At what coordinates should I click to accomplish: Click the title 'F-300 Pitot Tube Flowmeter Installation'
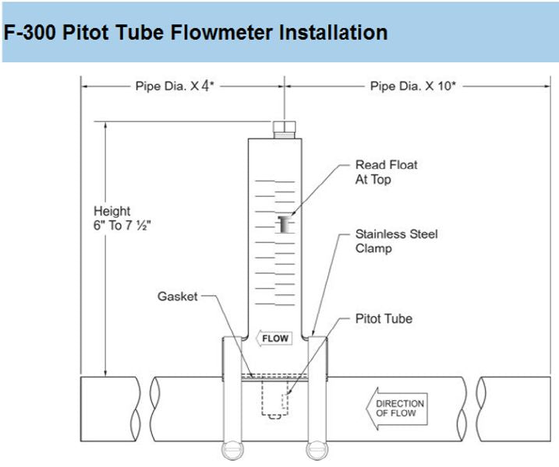coord(196,33)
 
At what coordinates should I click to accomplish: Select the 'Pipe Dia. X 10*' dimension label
coord(411,86)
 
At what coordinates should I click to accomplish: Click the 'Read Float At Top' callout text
coord(386,172)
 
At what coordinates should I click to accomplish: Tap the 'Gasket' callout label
coord(177,297)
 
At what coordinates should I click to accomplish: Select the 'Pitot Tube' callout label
coord(384,318)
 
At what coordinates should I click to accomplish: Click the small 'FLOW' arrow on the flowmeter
coord(273,339)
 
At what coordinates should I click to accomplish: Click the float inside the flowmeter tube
coord(284,224)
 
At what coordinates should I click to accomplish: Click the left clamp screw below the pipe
coord(232,452)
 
